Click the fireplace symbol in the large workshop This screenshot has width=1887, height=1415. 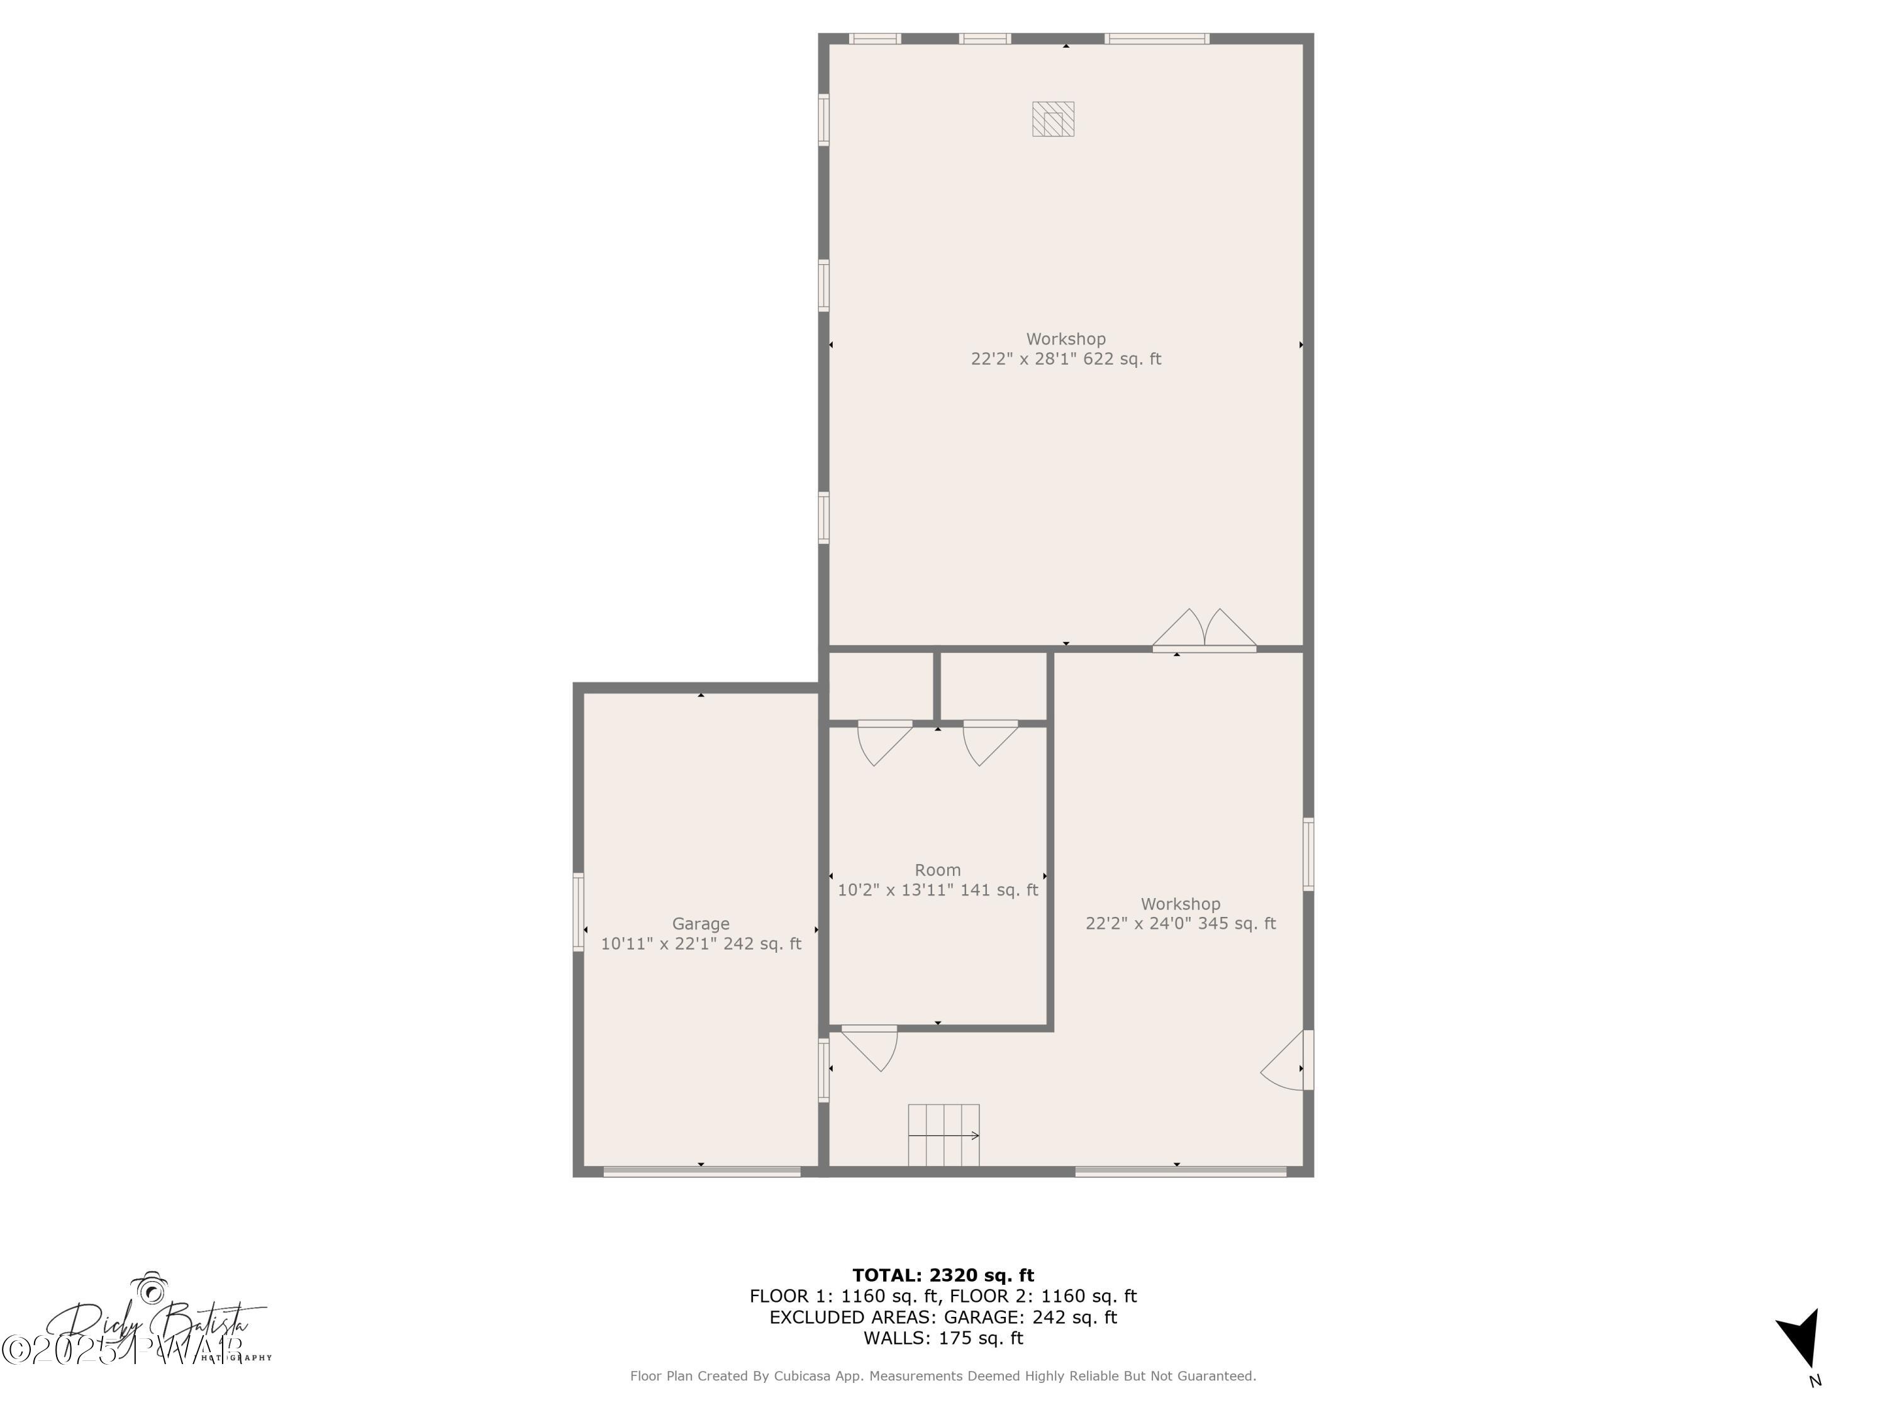tap(1053, 119)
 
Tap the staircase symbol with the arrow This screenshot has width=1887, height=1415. tap(943, 1135)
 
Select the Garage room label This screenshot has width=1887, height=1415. tap(700, 924)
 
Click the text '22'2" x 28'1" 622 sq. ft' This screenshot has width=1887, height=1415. tap(1066, 359)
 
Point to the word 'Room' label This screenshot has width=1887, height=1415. tap(938, 870)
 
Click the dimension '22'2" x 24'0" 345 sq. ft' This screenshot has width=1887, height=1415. tap(1181, 924)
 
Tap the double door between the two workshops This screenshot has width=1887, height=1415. tap(1205, 631)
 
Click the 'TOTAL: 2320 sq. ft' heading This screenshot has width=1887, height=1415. tap(943, 1275)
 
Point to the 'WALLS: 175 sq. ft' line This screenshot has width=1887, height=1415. tap(943, 1338)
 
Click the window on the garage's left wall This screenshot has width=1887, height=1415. tap(579, 912)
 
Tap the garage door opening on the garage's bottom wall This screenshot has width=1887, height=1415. tap(702, 1172)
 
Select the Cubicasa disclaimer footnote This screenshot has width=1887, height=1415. tap(943, 1376)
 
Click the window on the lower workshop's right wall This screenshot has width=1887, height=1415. tap(1308, 855)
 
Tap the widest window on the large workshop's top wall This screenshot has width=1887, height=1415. tap(1157, 38)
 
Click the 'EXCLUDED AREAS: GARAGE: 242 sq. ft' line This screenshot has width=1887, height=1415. tap(943, 1317)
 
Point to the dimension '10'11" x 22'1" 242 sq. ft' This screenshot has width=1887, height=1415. tap(700, 944)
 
